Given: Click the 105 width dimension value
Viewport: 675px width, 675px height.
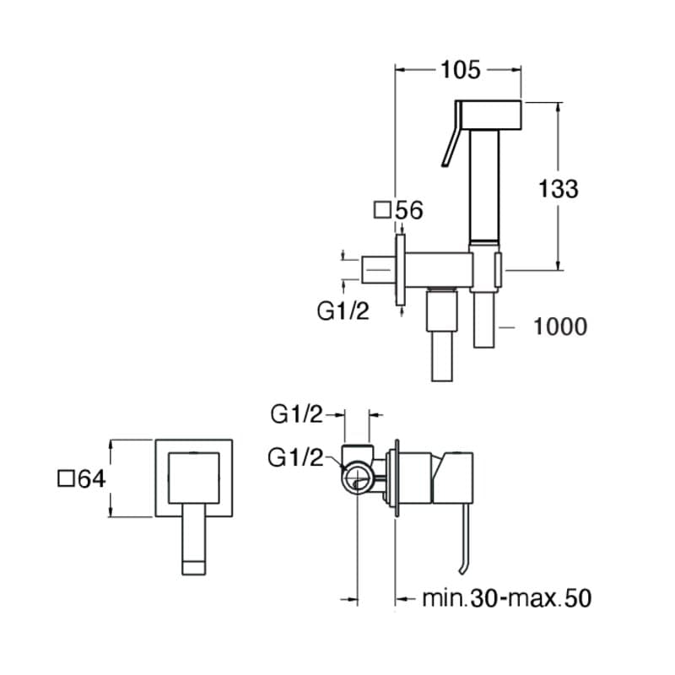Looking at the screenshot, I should pyautogui.click(x=460, y=70).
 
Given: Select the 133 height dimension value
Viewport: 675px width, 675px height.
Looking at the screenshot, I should pyautogui.click(x=559, y=189).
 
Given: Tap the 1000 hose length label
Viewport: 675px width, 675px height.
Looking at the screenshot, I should pyautogui.click(x=560, y=326).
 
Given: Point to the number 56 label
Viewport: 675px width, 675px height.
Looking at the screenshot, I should pyautogui.click(x=408, y=210).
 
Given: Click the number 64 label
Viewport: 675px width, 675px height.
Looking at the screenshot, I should pyautogui.click(x=91, y=479).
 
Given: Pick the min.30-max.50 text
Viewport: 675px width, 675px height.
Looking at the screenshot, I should pyautogui.click(x=506, y=599).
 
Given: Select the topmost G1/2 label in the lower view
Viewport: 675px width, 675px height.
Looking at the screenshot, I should pyautogui.click(x=297, y=414).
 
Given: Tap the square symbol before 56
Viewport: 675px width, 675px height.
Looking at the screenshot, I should pyautogui.click(x=383, y=209).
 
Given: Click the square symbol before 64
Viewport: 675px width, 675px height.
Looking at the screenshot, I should pyautogui.click(x=66, y=479).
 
